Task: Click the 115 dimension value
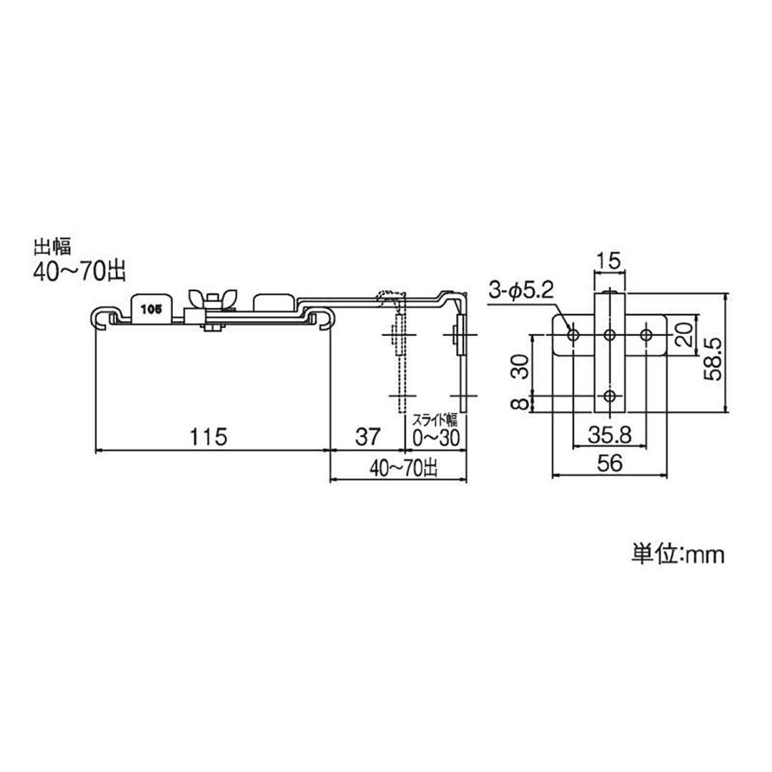point(209,437)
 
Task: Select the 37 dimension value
point(368,437)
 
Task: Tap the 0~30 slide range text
point(436,437)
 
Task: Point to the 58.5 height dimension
point(713,358)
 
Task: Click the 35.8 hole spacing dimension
point(610,435)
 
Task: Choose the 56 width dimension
point(610,462)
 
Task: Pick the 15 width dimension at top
point(610,261)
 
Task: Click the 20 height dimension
point(683,335)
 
